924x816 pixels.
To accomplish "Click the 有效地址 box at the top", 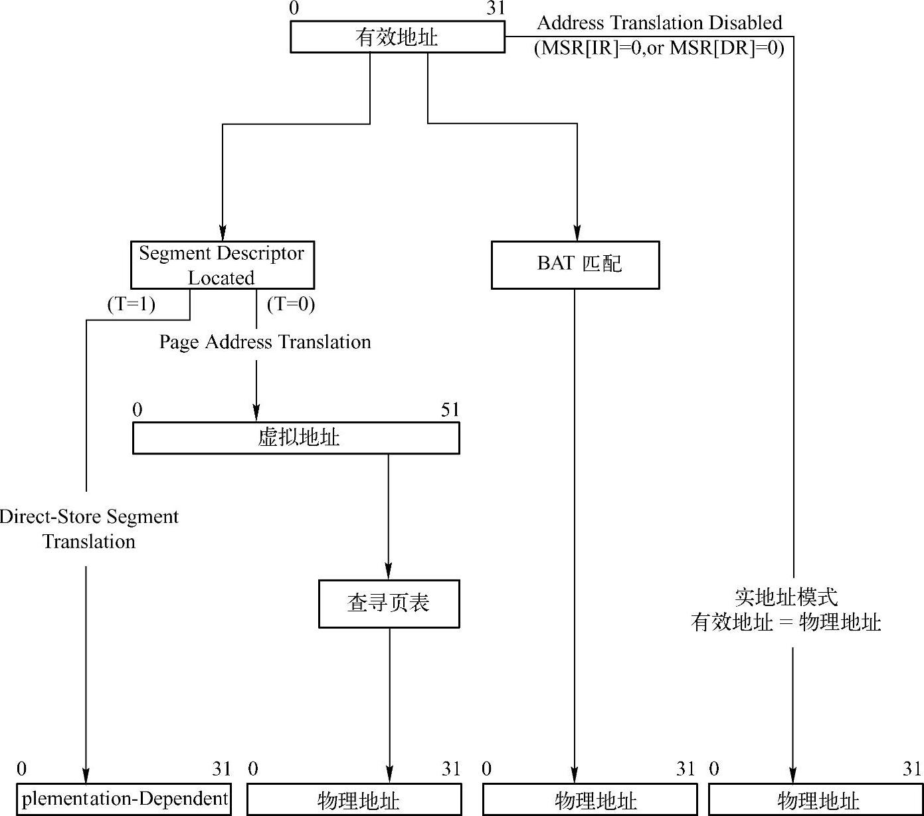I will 397,37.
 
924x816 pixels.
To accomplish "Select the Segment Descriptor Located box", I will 222,265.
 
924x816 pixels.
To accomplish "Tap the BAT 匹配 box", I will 575,264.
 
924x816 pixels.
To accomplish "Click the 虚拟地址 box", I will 296,438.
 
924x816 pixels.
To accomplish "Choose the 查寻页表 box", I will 389,603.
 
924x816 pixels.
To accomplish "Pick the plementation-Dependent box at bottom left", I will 125,799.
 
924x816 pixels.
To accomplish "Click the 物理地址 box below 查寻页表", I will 354,799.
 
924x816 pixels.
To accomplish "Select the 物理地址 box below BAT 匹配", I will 590,799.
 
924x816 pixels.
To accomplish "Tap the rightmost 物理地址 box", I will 816,799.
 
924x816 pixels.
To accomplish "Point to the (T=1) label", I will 132,304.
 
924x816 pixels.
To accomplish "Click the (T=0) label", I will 291,304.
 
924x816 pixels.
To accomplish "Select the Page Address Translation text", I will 265,342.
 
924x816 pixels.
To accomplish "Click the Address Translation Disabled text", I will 660,23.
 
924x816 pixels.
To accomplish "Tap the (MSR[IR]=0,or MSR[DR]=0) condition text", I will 660,48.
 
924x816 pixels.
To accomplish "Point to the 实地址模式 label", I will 786,597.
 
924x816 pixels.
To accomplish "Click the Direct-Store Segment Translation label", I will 89,529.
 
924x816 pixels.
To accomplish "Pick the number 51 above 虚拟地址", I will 450,410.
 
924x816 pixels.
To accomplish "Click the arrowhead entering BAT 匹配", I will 577,235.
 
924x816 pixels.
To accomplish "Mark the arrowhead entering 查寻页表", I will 389,573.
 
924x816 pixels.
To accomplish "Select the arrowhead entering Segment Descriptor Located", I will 223,235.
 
